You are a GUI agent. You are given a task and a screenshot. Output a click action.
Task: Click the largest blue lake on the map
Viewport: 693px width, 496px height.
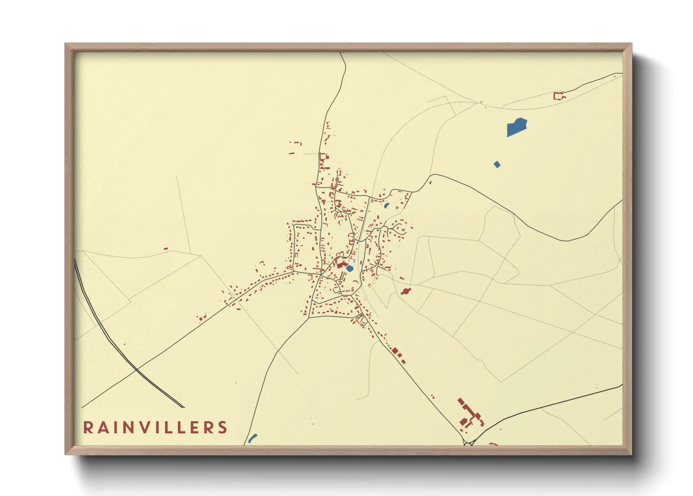click(516, 127)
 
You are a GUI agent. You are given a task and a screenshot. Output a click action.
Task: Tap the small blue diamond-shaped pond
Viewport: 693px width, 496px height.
click(497, 164)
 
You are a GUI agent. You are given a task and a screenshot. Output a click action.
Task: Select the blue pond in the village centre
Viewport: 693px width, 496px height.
click(349, 269)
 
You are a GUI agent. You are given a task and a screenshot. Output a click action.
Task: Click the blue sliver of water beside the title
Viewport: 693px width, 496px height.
click(252, 438)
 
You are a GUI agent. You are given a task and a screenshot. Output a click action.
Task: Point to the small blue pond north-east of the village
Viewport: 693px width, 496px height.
click(386, 205)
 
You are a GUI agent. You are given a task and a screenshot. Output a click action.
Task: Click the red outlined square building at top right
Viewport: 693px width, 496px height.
click(558, 96)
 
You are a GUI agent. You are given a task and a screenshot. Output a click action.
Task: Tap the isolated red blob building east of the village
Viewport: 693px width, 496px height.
click(405, 291)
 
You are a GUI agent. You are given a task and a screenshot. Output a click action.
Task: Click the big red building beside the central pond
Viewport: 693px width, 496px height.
click(340, 264)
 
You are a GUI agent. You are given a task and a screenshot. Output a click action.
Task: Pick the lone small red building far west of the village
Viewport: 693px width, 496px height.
click(165, 248)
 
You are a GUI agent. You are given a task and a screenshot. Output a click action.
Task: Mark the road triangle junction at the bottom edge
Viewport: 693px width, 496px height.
click(468, 442)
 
